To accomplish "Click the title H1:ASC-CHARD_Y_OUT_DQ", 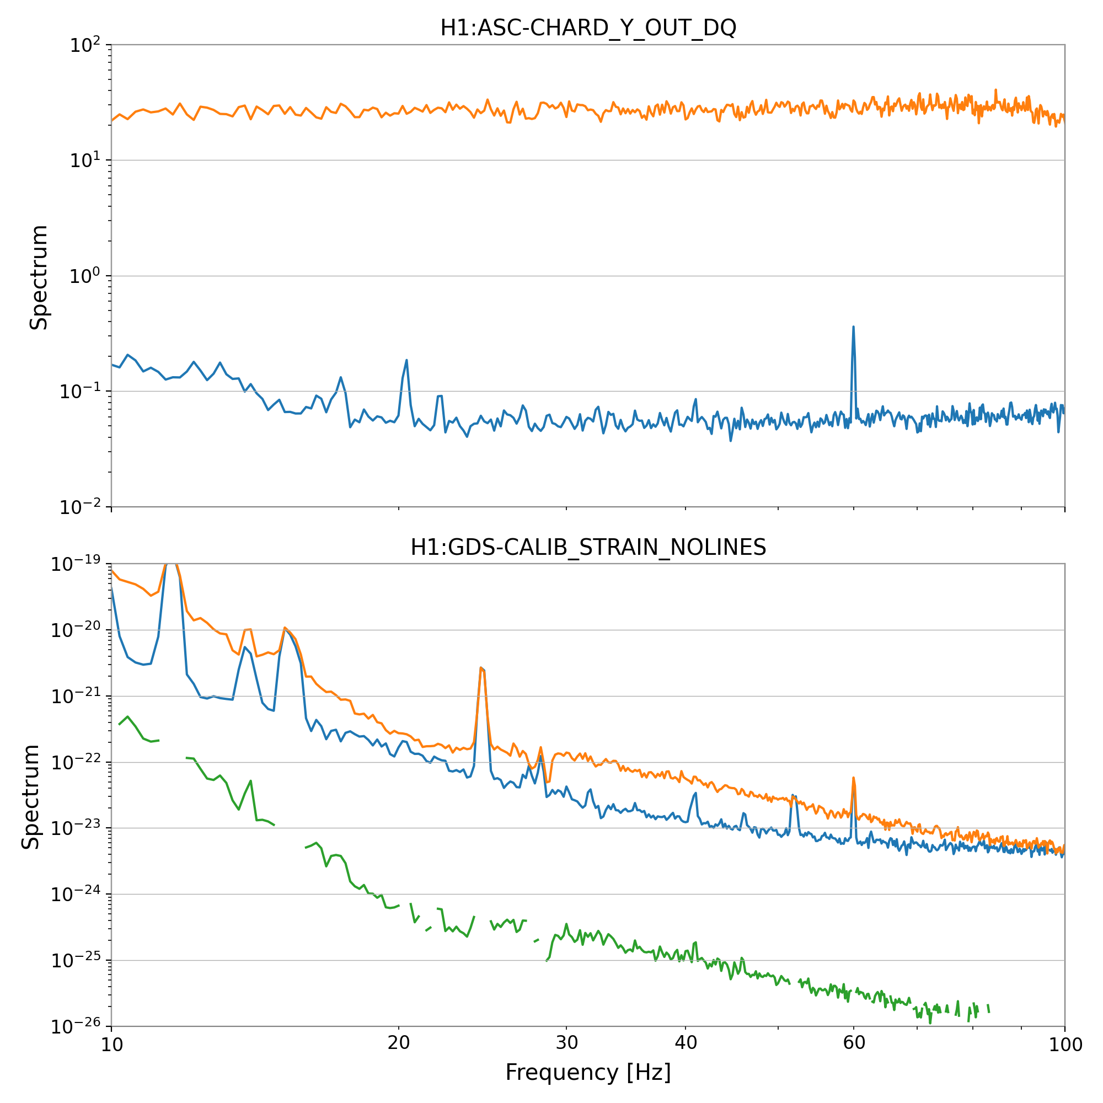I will pyautogui.click(x=587, y=28).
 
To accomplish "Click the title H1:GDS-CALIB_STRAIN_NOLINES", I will pyautogui.click(x=587, y=548).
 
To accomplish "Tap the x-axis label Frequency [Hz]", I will pyautogui.click(x=587, y=1073).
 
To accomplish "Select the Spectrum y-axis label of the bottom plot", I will pyautogui.click(x=31, y=797).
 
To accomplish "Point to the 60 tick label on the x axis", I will pyautogui.click(x=854, y=1043).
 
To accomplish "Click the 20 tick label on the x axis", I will pyautogui.click(x=399, y=1043).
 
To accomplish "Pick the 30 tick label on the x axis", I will pyautogui.click(x=566, y=1043).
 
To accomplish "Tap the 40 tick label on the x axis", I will pyautogui.click(x=685, y=1043).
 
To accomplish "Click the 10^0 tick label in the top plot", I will pyautogui.click(x=84, y=276).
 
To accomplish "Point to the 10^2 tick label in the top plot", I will pyautogui.click(x=84, y=45).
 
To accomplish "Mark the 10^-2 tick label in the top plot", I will pyautogui.click(x=81, y=507).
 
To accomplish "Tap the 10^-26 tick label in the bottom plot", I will pyautogui.click(x=76, y=1026).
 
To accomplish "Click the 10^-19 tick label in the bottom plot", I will pyautogui.click(x=76, y=564).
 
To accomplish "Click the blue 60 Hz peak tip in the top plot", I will pyautogui.click(x=853, y=327).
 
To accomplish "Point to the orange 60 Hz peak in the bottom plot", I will pyautogui.click(x=853, y=778).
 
